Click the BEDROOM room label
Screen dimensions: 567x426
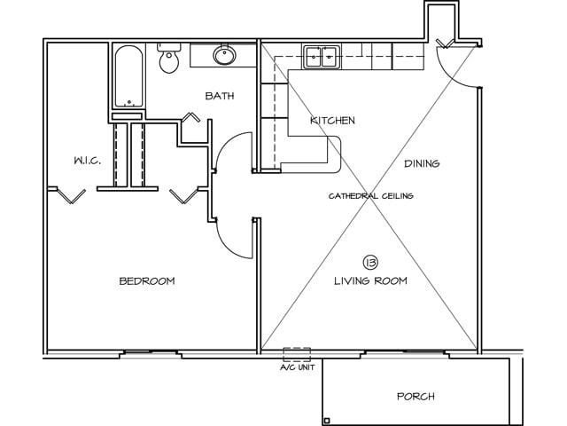click(147, 281)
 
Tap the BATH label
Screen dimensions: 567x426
click(219, 96)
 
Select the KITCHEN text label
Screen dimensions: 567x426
click(332, 121)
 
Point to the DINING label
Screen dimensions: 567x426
click(422, 163)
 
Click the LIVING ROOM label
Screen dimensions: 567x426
click(370, 281)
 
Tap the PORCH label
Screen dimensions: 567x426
click(416, 396)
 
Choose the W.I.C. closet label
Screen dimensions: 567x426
click(87, 161)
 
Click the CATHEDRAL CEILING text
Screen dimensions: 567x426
click(371, 195)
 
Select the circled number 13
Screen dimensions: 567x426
click(370, 262)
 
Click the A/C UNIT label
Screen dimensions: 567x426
click(297, 366)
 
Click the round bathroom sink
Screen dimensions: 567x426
click(224, 56)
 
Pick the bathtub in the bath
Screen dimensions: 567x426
click(129, 77)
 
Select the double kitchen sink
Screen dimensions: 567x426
click(321, 58)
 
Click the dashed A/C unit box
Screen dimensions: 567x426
click(297, 352)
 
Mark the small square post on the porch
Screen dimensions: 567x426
click(327, 420)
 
